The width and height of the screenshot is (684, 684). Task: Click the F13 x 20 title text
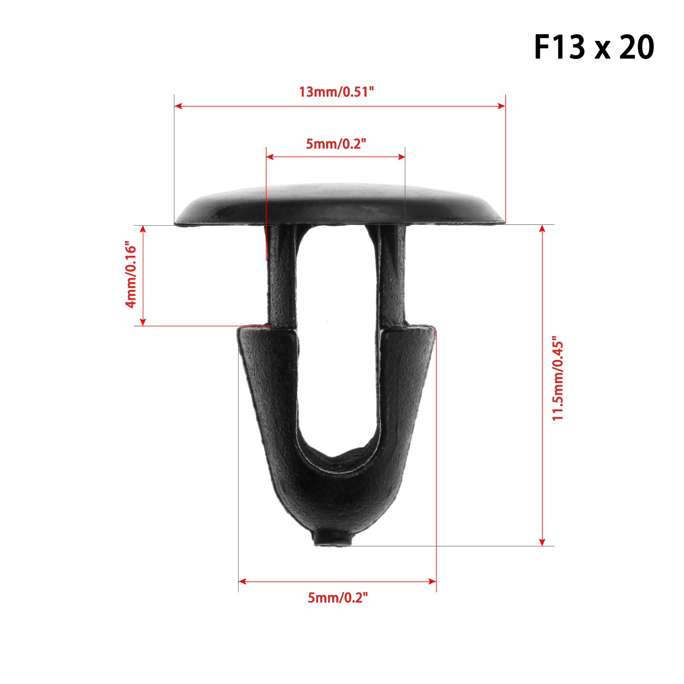[594, 47]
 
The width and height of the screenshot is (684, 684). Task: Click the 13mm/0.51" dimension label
[336, 92]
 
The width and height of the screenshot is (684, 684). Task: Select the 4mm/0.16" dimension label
[131, 274]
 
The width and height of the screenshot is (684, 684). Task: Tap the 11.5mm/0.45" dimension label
[558, 378]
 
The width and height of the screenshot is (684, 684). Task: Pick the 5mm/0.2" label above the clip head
[336, 144]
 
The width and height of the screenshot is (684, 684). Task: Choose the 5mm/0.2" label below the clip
[338, 597]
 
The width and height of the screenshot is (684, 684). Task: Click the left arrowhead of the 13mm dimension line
[178, 106]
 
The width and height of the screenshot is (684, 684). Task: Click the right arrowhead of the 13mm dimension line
[501, 106]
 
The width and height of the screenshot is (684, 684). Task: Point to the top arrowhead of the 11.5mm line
[542, 229]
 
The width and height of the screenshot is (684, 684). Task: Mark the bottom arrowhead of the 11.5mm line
[542, 542]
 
